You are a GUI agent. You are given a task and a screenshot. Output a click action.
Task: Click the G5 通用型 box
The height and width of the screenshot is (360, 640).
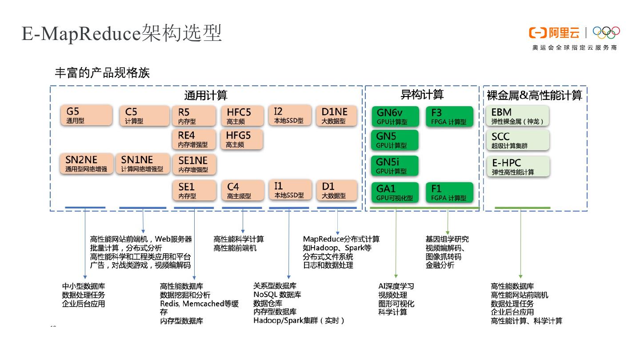(87, 116)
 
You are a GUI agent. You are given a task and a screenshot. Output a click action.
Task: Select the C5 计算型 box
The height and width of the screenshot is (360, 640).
(144, 116)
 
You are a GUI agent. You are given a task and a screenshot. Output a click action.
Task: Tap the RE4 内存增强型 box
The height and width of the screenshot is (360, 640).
(194, 139)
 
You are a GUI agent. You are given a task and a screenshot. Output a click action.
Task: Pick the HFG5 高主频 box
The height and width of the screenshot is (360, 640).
(242, 139)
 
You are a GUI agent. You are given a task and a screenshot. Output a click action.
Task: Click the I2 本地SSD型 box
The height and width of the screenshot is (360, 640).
(290, 115)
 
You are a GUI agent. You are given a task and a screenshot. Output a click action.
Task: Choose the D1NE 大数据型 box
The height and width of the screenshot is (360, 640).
(336, 116)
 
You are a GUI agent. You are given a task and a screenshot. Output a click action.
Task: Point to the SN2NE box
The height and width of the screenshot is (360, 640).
(87, 164)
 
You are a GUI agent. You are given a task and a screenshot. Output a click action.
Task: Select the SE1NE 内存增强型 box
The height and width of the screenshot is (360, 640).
(194, 164)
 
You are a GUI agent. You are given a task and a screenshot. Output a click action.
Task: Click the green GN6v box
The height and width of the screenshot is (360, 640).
(395, 116)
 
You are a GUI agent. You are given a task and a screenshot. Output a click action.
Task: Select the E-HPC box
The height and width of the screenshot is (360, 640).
(518, 166)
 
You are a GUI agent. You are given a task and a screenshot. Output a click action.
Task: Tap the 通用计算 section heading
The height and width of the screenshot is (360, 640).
(206, 96)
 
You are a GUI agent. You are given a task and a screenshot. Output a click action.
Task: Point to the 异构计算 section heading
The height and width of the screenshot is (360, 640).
(422, 95)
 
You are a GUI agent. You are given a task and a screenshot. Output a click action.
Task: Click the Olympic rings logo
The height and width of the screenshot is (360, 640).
(606, 33)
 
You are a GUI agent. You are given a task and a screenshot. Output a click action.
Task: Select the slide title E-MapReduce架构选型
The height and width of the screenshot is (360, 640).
(122, 34)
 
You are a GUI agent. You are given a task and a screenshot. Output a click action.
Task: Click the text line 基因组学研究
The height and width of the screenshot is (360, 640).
(447, 239)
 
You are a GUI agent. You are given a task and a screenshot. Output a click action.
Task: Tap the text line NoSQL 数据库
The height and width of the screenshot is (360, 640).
(277, 295)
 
